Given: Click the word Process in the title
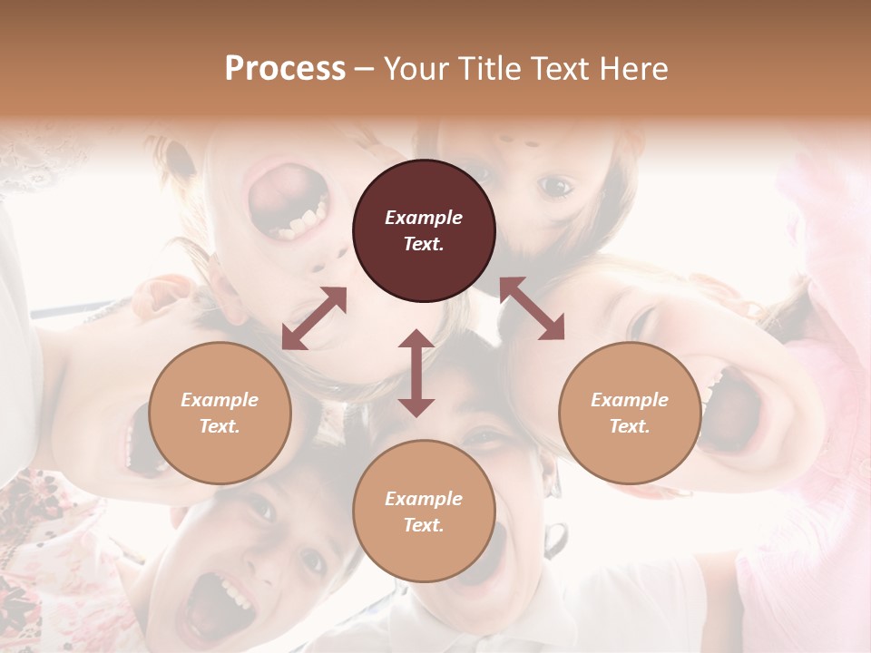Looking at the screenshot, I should tap(285, 69).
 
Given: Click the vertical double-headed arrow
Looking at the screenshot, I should tap(416, 373).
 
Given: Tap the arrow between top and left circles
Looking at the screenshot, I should tap(314, 318).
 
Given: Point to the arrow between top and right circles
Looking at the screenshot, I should tap(532, 308).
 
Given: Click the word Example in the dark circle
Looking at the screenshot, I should tap(424, 218).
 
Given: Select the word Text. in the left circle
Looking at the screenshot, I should tap(220, 426).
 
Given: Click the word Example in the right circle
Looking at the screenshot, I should tap(630, 400).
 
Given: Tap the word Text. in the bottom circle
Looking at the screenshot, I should tap(424, 525).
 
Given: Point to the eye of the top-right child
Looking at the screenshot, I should tap(554, 187).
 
